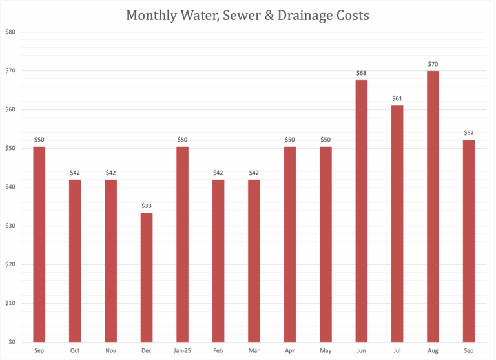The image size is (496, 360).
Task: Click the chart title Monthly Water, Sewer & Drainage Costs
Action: pyautogui.click(x=248, y=15)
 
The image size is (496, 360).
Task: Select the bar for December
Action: pyautogui.click(x=147, y=277)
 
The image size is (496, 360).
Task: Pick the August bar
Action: pyautogui.click(x=433, y=206)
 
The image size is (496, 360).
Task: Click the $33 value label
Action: pyautogui.click(x=147, y=206)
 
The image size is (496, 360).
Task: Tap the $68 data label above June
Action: pyautogui.click(x=362, y=73)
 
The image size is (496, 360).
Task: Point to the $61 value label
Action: pyautogui.click(x=397, y=98)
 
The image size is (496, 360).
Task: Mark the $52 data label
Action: pyautogui.click(x=468, y=132)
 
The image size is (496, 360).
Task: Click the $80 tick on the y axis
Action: pyautogui.click(x=10, y=32)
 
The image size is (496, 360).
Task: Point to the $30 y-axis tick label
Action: pyautogui.click(x=10, y=226)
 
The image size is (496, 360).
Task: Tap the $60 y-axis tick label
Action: pyautogui.click(x=10, y=109)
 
